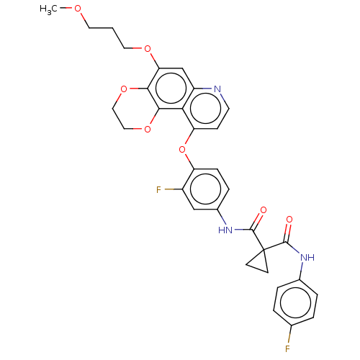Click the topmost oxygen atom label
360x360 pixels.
(x=78, y=9)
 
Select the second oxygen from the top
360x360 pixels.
(x=148, y=49)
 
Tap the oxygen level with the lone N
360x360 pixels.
(x=124, y=89)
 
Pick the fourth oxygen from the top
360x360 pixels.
(x=148, y=130)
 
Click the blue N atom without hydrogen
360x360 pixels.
(x=217, y=89)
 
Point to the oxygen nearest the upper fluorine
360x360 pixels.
(x=182, y=150)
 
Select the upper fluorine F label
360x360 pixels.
(x=159, y=190)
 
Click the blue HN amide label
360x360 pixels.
(x=225, y=230)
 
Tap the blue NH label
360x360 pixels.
(x=307, y=258)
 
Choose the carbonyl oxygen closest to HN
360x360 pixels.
(x=263, y=210)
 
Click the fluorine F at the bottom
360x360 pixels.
(x=287, y=348)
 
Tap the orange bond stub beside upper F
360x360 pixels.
(x=169, y=190)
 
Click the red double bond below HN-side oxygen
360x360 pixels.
(x=259, y=219)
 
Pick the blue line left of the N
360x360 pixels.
(x=207, y=89)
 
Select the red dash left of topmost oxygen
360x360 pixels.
(x=69, y=9)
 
